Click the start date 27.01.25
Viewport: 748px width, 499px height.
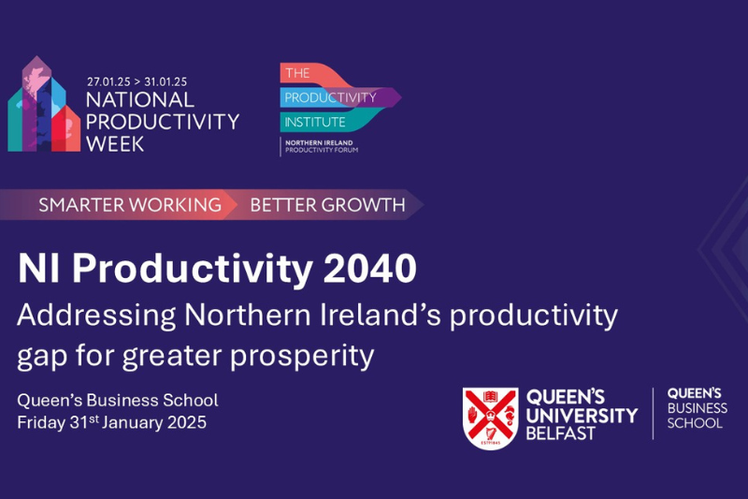click(x=108, y=81)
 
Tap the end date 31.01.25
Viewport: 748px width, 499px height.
click(x=165, y=81)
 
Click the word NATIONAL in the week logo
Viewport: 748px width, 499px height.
click(x=140, y=100)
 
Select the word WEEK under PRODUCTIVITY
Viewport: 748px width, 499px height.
click(x=115, y=144)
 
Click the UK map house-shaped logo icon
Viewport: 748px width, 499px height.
click(x=44, y=105)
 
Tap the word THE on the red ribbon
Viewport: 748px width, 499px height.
click(x=297, y=73)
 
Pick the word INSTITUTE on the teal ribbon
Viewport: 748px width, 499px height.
click(x=315, y=123)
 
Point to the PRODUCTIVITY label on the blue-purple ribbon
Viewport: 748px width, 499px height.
click(x=331, y=97)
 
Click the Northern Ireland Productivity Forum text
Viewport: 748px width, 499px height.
click(x=321, y=146)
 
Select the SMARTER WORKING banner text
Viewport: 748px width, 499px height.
click(x=130, y=205)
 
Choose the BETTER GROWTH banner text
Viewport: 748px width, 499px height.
click(x=328, y=205)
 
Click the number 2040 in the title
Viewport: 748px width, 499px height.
click(x=370, y=269)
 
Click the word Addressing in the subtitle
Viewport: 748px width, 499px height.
click(x=96, y=316)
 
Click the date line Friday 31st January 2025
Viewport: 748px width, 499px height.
click(x=111, y=422)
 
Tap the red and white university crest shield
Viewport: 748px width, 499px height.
click(x=490, y=418)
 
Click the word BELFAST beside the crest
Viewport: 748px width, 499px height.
click(x=560, y=433)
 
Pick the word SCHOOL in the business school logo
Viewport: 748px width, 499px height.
click(x=695, y=423)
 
